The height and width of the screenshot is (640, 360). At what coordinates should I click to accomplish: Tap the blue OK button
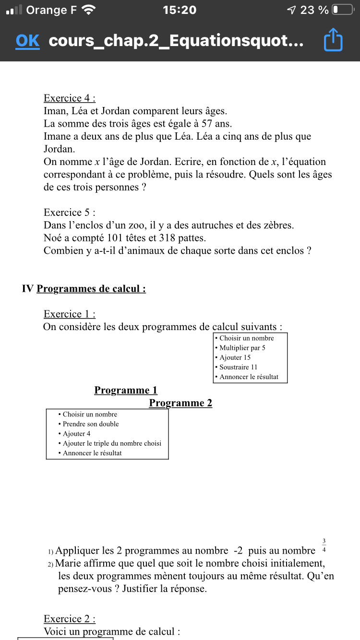click(27, 41)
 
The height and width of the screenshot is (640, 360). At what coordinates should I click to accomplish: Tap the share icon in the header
click(333, 40)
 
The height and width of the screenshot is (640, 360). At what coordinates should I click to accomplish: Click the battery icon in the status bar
click(342, 10)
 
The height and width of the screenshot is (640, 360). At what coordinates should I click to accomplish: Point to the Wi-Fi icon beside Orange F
click(89, 10)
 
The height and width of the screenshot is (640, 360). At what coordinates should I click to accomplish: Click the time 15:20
click(180, 10)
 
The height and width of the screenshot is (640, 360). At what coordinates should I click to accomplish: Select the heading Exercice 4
click(70, 98)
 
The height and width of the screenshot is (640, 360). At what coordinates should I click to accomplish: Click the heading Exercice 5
click(70, 212)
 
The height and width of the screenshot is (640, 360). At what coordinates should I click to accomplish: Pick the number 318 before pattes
click(176, 237)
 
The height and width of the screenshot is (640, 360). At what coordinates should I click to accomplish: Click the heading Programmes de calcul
click(91, 288)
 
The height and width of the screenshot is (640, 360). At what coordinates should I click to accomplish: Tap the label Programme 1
click(126, 390)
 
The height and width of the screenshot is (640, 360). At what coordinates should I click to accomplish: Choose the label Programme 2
click(180, 403)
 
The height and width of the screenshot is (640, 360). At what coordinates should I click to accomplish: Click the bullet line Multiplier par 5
click(242, 348)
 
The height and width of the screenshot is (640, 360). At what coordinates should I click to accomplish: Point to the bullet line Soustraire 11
click(238, 367)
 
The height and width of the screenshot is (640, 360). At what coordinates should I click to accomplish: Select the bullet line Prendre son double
click(90, 424)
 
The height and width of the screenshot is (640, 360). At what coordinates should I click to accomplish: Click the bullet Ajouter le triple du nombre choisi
click(112, 443)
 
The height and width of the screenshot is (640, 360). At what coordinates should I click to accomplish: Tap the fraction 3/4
click(324, 546)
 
